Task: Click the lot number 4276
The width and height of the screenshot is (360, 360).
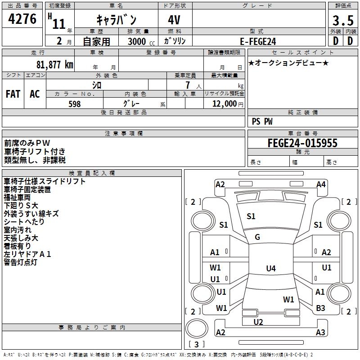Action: pos(22,19)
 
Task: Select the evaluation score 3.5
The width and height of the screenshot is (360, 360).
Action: pos(342,20)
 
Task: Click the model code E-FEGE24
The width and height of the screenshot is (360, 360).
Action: pos(258,41)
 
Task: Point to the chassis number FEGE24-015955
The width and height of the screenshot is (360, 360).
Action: pos(302,143)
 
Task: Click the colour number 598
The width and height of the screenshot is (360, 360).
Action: pos(74,104)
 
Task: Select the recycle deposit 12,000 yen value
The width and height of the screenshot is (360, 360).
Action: pos(224,104)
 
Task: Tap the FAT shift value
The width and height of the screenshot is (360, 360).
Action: pos(13,94)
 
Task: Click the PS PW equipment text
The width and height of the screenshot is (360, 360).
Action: pos(262,121)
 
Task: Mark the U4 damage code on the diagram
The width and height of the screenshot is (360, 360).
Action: pos(270,269)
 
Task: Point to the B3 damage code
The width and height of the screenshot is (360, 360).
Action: pos(320,308)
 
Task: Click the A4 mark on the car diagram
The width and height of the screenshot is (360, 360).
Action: pos(321,184)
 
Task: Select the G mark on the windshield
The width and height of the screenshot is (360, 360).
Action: pos(257,237)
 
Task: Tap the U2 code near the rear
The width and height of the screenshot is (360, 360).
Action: pos(258,322)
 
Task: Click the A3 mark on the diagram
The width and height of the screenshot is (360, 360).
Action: pos(320,333)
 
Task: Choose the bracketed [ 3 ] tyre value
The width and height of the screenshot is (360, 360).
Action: pos(196,345)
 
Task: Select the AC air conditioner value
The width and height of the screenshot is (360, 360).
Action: pos(35,94)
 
